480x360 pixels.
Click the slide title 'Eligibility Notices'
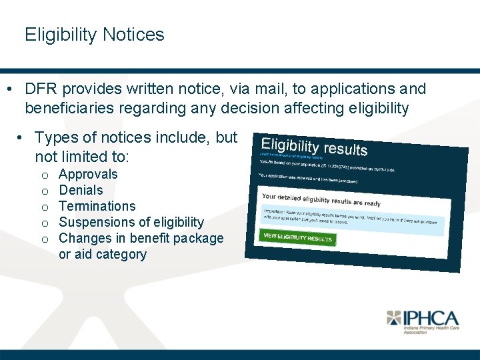(x=94, y=35)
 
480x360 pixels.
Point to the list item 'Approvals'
(x=88, y=175)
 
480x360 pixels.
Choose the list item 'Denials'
(x=81, y=191)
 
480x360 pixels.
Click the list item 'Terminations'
(x=97, y=207)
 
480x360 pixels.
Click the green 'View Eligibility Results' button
(x=297, y=238)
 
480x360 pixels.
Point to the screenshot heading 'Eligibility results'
(x=314, y=147)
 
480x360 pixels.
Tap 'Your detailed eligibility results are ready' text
(x=321, y=200)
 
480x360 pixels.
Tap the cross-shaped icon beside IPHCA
(x=394, y=318)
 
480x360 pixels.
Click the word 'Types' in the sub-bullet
(x=55, y=138)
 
